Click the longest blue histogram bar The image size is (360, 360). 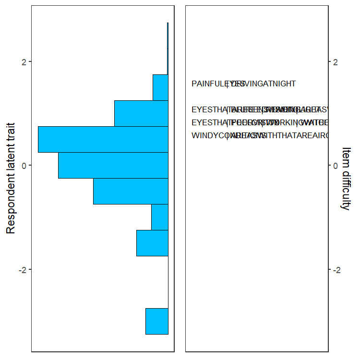tap(103, 139)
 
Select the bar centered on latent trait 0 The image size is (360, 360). tap(113, 165)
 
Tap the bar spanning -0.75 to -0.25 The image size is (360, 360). tap(131, 191)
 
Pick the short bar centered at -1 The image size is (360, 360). tap(160, 217)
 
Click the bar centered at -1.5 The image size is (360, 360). tap(152, 243)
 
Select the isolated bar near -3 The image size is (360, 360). tap(157, 321)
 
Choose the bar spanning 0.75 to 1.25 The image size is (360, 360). tap(141, 113)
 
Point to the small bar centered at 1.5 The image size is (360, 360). tap(160, 87)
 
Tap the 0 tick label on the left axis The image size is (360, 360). tap(23, 165)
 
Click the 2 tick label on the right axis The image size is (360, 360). tap(336, 61)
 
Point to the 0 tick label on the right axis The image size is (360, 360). tap(336, 165)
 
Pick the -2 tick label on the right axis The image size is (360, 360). tap(338, 269)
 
